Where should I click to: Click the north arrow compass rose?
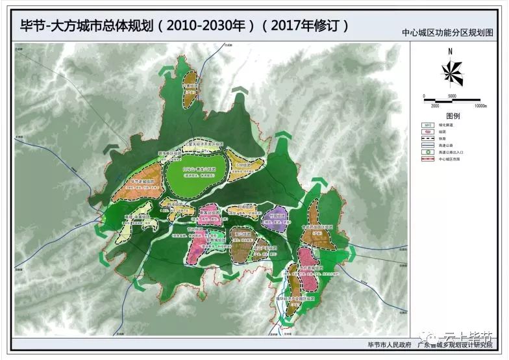tap(452, 71)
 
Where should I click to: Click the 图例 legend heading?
tap(452, 116)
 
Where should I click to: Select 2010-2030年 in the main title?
tap(206, 25)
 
